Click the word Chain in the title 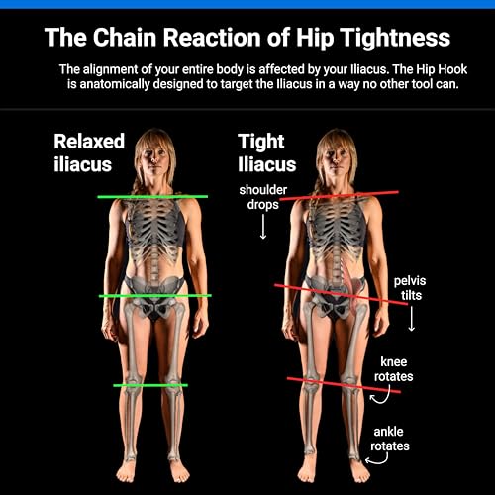tap(125, 37)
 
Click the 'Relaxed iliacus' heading tap(89, 152)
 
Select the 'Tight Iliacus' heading tap(266, 152)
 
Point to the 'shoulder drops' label tap(263, 197)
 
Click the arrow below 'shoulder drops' tap(263, 227)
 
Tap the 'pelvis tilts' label tap(410, 288)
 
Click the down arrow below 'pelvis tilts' tap(411, 319)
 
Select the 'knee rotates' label tap(393, 369)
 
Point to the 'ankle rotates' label tap(390, 439)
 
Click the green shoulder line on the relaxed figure tap(152, 197)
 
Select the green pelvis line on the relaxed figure tap(154, 296)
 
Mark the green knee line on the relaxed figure tap(150, 385)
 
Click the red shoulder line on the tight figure tap(339, 195)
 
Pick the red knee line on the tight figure tap(344, 385)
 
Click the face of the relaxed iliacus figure tap(153, 157)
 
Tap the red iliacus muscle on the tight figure tap(352, 284)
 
